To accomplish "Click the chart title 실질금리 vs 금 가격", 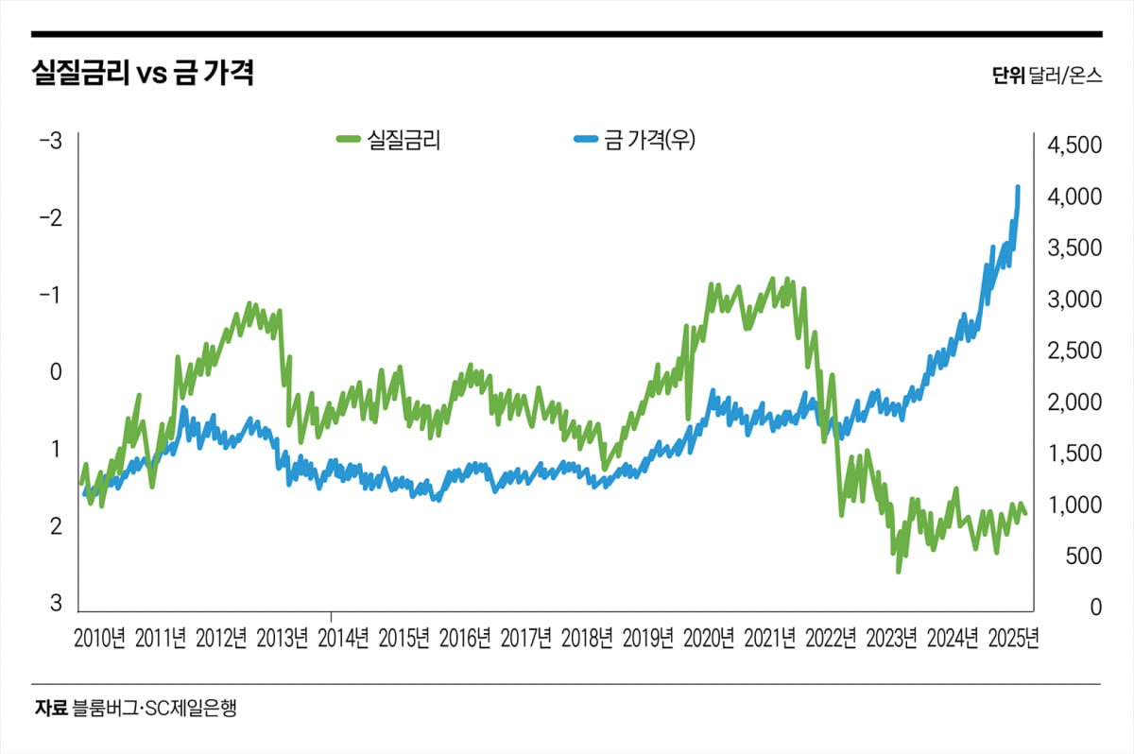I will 143,74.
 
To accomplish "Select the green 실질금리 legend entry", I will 390,141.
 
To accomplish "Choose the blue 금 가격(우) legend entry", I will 634,141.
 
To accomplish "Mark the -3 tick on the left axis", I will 50,142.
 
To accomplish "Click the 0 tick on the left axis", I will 56,372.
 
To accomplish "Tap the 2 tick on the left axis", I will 56,526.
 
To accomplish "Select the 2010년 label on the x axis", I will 99,638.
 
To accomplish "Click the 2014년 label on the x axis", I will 343,638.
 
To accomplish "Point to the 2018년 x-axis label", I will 587,638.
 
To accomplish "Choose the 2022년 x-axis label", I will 831,638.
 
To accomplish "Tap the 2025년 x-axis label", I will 1013,638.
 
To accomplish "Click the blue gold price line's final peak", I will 1018,187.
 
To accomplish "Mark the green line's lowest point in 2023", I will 898,571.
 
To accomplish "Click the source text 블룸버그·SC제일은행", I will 153,708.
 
